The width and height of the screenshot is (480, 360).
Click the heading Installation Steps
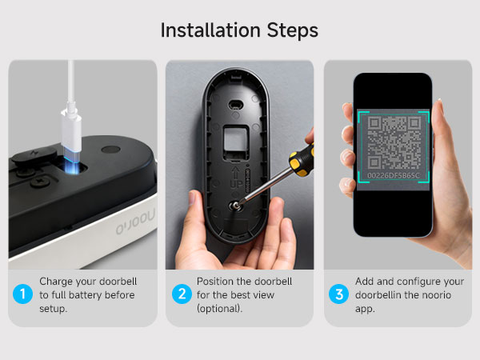[x=239, y=30]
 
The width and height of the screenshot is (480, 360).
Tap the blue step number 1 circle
[x=23, y=294]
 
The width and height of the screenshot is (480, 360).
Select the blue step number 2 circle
[x=182, y=294]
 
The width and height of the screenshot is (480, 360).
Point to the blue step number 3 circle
[x=339, y=294]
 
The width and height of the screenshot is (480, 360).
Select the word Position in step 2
[x=219, y=282]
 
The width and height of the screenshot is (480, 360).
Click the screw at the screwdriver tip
[x=238, y=205]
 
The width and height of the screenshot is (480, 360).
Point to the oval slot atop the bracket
[x=234, y=103]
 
